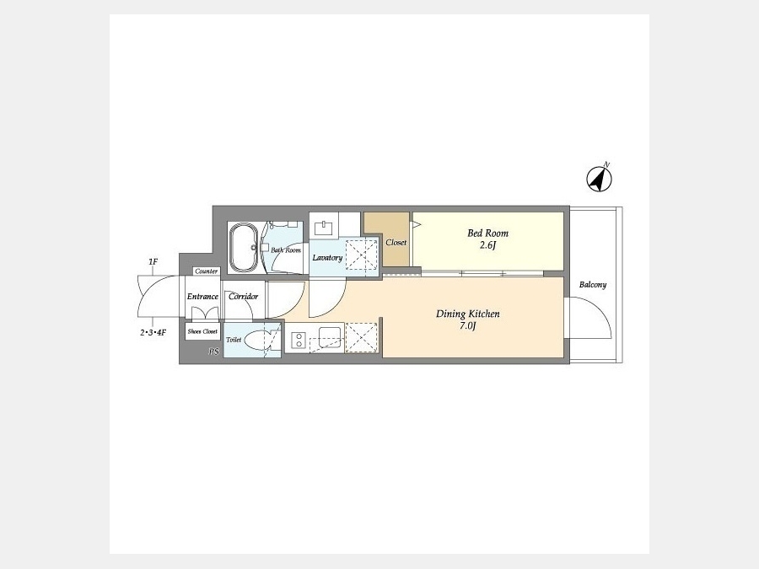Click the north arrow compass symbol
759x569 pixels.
[600, 178]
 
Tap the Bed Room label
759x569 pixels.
[488, 234]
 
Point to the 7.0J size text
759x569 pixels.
[467, 325]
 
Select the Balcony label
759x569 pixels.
[593, 285]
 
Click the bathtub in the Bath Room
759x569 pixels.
[245, 247]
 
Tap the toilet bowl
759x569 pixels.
[257, 340]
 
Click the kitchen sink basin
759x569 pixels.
[330, 335]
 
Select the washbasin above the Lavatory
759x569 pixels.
[324, 228]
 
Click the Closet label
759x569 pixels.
[396, 243]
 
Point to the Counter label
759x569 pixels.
[207, 271]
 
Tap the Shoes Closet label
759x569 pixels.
[202, 331]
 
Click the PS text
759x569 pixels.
[214, 352]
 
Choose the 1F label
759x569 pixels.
[153, 262]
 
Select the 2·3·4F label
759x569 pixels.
[153, 332]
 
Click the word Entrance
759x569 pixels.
[202, 297]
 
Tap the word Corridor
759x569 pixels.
[243, 297]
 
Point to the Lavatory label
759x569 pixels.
[327, 257]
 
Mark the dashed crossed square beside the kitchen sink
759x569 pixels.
[361, 336]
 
